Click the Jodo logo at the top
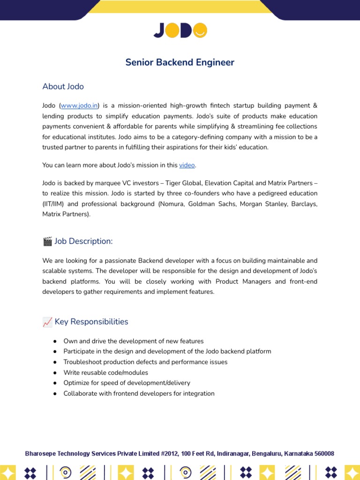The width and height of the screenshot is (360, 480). click(x=180, y=30)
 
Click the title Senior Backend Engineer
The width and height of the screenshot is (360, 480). click(x=180, y=62)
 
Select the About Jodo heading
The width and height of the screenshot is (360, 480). click(x=63, y=86)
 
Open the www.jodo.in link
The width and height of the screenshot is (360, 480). click(x=79, y=106)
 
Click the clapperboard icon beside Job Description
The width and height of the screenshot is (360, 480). click(x=47, y=241)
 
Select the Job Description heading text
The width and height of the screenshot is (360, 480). click(x=84, y=241)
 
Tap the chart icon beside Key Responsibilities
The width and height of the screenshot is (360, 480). click(x=47, y=322)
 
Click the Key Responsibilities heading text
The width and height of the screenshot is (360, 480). click(x=91, y=322)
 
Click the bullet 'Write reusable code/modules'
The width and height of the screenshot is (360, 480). click(x=106, y=373)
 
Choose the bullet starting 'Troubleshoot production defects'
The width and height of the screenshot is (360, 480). click(x=145, y=362)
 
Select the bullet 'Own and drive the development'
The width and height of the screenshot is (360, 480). click(x=134, y=341)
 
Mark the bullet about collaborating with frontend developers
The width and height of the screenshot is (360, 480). click(x=139, y=394)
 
